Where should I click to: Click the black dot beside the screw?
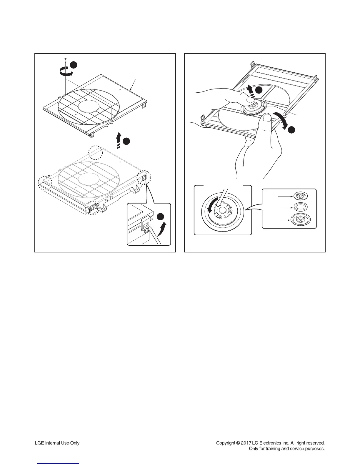[x=73, y=65]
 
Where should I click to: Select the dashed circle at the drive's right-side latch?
[x=144, y=178]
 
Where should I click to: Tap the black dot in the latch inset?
[x=161, y=217]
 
